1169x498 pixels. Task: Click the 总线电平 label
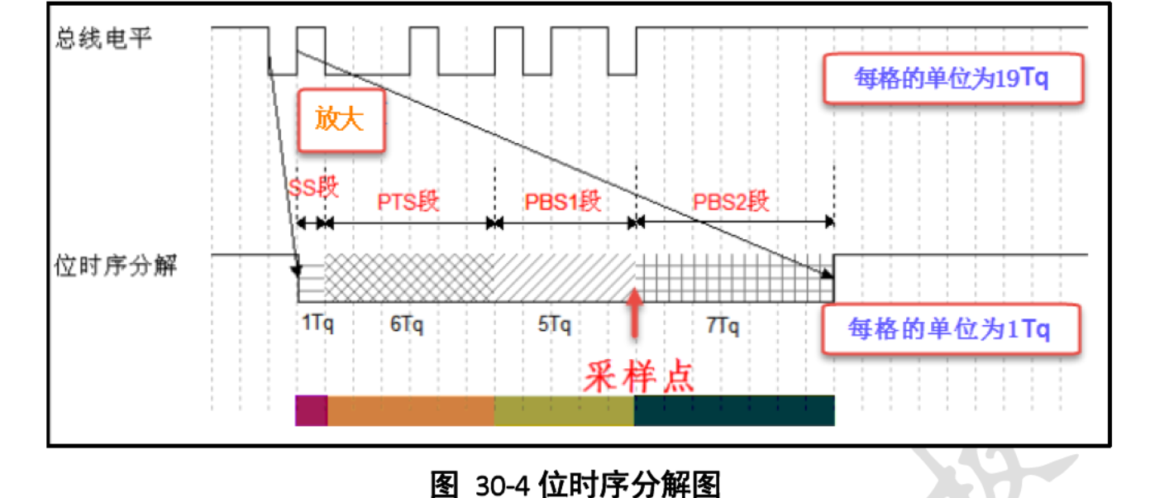point(103,39)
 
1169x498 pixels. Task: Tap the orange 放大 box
point(341,120)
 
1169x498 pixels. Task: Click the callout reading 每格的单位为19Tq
point(954,79)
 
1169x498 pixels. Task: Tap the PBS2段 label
point(732,201)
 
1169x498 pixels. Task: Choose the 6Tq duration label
point(407,323)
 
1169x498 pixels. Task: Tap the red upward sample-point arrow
point(634,312)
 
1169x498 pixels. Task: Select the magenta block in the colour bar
point(312,410)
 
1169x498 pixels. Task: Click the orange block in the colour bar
point(411,410)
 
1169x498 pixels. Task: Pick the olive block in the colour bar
point(564,410)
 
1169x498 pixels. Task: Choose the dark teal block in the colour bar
point(734,410)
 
